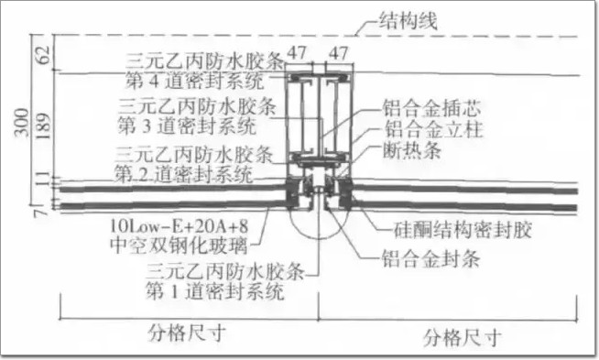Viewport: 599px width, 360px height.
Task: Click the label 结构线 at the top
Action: click(x=408, y=20)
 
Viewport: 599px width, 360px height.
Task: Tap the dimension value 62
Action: click(x=44, y=55)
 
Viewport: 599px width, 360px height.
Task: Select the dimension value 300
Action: click(x=21, y=122)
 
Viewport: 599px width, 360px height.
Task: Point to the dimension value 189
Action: click(x=44, y=126)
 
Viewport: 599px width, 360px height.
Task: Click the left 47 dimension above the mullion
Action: click(x=297, y=53)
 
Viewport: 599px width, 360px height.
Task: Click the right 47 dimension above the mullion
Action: click(x=339, y=53)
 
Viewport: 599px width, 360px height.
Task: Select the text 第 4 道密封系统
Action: click(x=195, y=81)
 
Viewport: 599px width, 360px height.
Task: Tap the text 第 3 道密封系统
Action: click(x=187, y=125)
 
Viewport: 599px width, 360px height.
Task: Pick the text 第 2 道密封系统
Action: click(x=183, y=174)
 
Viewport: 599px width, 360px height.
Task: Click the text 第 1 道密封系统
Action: click(x=215, y=291)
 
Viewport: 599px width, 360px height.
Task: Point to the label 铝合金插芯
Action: click(x=432, y=108)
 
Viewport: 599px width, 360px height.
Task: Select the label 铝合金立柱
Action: click(x=433, y=129)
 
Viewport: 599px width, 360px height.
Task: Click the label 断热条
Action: click(x=412, y=150)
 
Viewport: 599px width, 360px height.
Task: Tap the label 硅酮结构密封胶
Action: click(x=463, y=230)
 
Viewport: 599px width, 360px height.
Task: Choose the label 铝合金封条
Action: click(x=430, y=258)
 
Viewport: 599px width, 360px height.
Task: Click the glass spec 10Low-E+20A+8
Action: click(x=180, y=226)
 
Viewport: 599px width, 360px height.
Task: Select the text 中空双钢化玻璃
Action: click(x=179, y=245)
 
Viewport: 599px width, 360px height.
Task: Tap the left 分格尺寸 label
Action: click(x=187, y=333)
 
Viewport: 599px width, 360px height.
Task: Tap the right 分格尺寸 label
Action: click(x=462, y=337)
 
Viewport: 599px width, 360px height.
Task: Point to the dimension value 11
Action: click(x=44, y=179)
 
